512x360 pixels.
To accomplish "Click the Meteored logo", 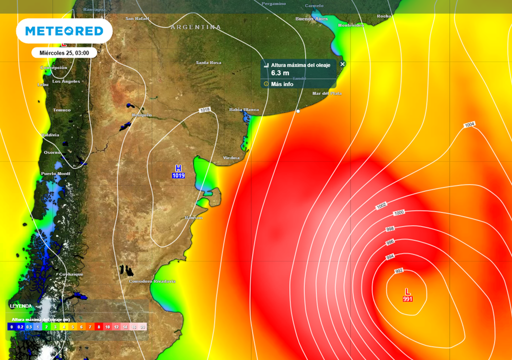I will (x=64, y=31).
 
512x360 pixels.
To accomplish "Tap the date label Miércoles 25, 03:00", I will (x=64, y=52).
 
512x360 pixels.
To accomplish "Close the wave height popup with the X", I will (x=342, y=64).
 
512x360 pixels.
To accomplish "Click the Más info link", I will (x=282, y=84).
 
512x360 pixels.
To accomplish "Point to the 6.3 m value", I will (x=280, y=73).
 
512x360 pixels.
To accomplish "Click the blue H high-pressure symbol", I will (x=178, y=168).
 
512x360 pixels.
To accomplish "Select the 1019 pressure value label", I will (x=178, y=176).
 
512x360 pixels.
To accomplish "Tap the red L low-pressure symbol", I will (x=407, y=291).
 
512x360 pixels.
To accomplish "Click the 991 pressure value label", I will (x=407, y=299).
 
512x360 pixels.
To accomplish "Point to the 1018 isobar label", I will (x=204, y=110).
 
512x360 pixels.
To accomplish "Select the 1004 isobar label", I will (x=469, y=125).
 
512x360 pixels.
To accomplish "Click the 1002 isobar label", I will (x=381, y=205).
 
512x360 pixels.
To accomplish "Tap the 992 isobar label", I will (x=398, y=271).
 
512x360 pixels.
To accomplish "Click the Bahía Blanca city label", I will (x=244, y=109).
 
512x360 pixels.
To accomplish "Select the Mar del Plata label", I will (x=327, y=93).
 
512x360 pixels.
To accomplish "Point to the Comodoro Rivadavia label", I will (x=152, y=281).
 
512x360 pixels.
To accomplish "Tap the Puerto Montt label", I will (x=55, y=174).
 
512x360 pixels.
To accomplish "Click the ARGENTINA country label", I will (x=195, y=27).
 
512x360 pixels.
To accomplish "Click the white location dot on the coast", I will (x=298, y=111).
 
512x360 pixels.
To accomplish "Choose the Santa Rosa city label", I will (x=208, y=62).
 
